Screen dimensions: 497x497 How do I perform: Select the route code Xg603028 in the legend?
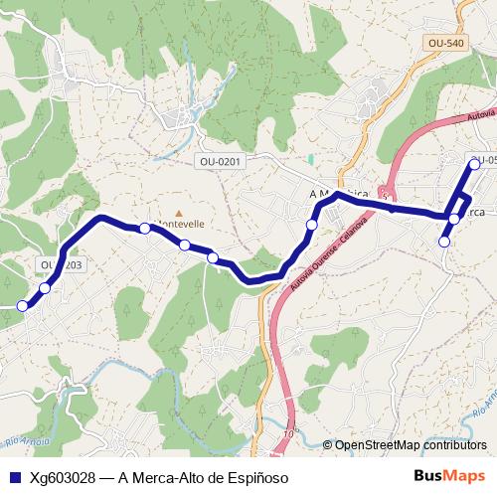(x=67, y=478)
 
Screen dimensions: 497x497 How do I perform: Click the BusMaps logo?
(x=450, y=477)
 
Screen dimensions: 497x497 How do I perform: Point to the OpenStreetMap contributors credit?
(x=409, y=444)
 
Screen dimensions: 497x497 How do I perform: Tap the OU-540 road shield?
(x=443, y=43)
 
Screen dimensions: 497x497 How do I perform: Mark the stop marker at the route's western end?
(x=22, y=305)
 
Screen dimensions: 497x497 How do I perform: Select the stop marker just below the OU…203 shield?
(x=45, y=288)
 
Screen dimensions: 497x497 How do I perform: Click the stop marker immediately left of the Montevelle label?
(x=145, y=229)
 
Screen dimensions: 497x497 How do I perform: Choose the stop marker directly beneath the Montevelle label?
(x=185, y=245)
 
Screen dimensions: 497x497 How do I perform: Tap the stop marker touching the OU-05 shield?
(x=474, y=164)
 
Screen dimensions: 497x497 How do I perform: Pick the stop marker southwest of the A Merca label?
(x=312, y=226)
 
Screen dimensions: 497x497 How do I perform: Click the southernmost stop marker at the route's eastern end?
(x=444, y=242)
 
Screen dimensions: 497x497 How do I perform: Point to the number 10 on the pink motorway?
(x=289, y=433)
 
